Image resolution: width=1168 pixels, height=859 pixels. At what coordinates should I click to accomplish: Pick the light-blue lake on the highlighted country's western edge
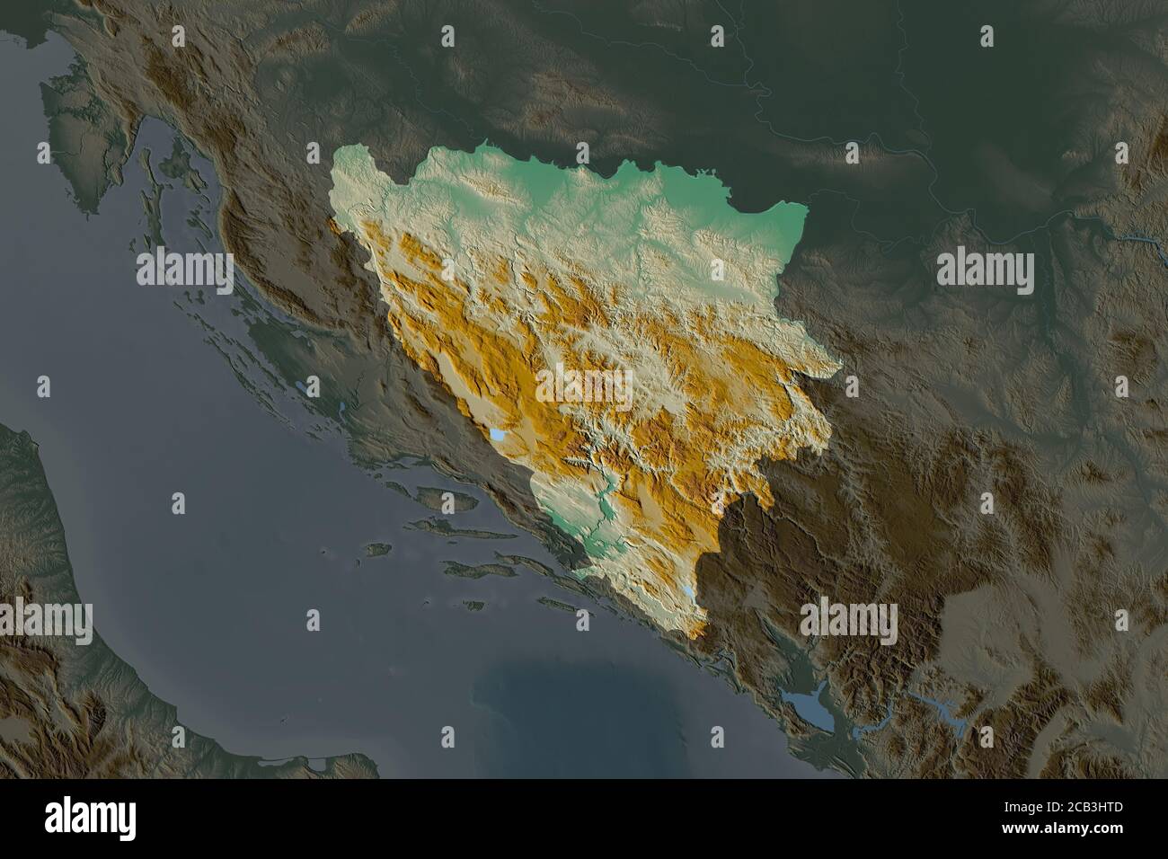coord(497,436)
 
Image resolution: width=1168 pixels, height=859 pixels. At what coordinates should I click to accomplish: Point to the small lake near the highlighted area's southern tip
coord(687,594)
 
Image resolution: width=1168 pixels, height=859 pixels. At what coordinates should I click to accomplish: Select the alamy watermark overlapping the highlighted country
coord(584,385)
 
